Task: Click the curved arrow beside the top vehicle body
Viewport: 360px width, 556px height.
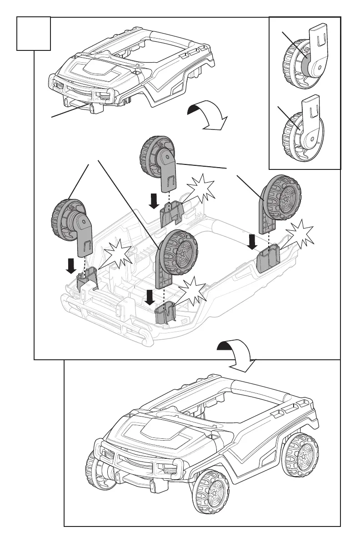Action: (x=207, y=116)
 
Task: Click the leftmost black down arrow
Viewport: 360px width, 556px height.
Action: (x=71, y=266)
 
